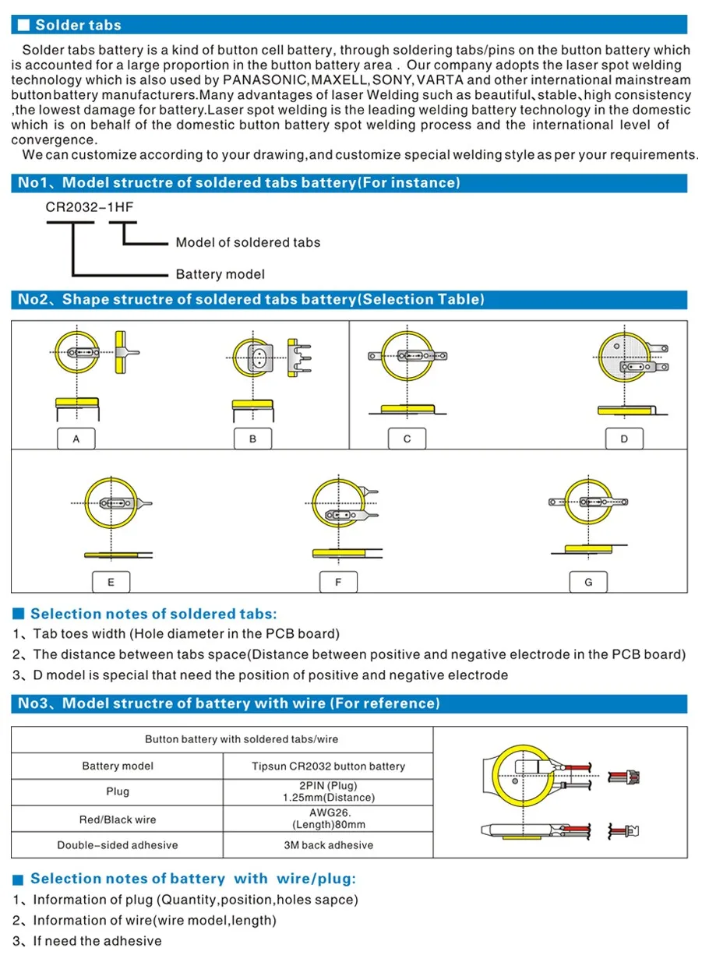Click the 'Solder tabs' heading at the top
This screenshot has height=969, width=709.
(79, 25)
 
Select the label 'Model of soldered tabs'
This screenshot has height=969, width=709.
(248, 242)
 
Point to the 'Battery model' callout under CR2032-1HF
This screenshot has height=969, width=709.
(220, 273)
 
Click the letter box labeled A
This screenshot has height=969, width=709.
(76, 439)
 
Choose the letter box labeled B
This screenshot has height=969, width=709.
(253, 439)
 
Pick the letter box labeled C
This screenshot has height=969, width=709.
(407, 439)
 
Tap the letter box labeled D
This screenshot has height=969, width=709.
(624, 439)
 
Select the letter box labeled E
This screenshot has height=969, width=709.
(111, 582)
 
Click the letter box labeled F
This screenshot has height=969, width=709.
(338, 582)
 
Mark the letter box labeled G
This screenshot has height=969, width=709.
(588, 582)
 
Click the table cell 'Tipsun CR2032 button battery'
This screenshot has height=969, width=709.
(328, 766)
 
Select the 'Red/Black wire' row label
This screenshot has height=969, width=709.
(118, 819)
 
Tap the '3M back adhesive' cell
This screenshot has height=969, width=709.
(328, 845)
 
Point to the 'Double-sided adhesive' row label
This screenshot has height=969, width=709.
(118, 845)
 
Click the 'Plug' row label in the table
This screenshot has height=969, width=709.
(118, 791)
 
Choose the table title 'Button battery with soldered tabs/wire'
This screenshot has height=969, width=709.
(242, 738)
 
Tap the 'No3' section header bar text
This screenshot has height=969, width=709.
(229, 703)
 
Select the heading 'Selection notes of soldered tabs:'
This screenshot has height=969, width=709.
(153, 614)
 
